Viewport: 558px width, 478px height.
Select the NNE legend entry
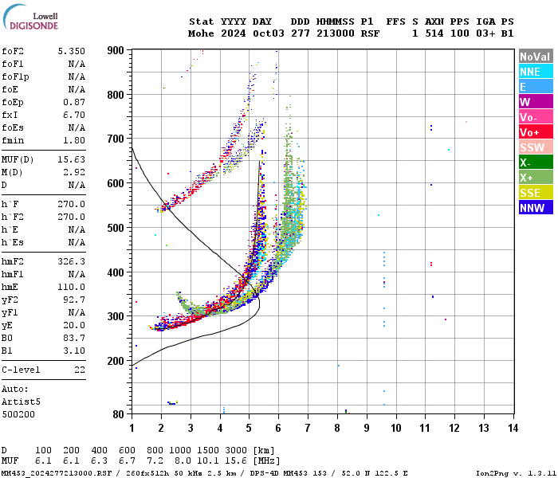tap(535, 72)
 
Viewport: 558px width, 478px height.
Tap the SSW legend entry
tap(535, 147)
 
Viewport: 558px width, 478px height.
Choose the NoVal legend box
tap(535, 57)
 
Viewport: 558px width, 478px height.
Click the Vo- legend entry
tap(535, 117)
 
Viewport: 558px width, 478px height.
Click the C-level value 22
tap(79, 370)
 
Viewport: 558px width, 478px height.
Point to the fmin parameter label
tap(13, 140)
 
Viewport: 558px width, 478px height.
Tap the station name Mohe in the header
tap(199, 33)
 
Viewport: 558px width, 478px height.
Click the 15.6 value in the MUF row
tap(240, 460)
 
